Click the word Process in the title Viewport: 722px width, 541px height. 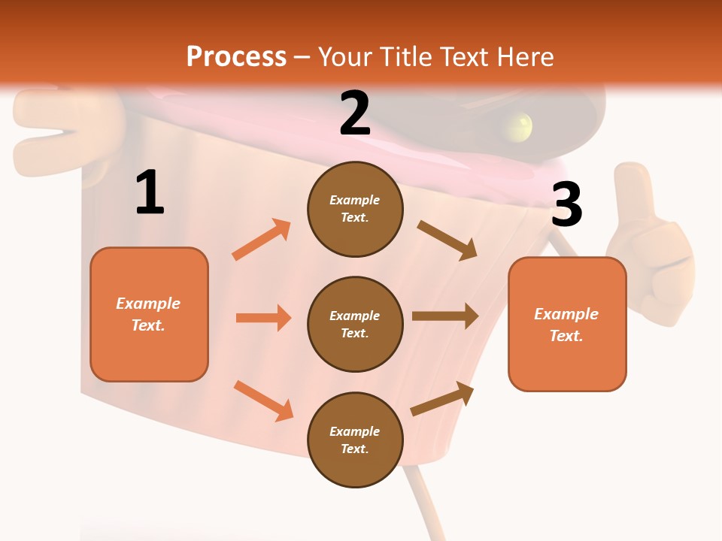click(x=236, y=57)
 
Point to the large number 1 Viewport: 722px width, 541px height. click(x=150, y=193)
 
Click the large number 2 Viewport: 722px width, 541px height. click(x=355, y=113)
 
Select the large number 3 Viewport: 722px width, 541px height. click(x=566, y=205)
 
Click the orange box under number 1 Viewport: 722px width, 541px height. click(x=149, y=314)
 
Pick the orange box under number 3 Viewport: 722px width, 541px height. click(x=567, y=325)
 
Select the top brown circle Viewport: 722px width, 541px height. click(x=355, y=209)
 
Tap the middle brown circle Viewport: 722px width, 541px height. click(x=355, y=324)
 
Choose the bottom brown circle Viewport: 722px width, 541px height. click(x=355, y=440)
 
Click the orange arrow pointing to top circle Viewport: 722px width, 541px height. click(x=262, y=240)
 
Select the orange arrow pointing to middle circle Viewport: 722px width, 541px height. click(x=263, y=318)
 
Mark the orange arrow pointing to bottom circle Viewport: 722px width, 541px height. click(x=263, y=400)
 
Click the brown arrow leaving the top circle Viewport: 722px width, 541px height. click(x=447, y=240)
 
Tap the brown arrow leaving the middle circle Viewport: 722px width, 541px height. click(x=445, y=316)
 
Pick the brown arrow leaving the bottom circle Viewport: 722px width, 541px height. click(x=443, y=398)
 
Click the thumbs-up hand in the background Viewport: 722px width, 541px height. click(x=646, y=248)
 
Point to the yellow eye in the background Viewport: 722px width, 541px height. click(x=518, y=125)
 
